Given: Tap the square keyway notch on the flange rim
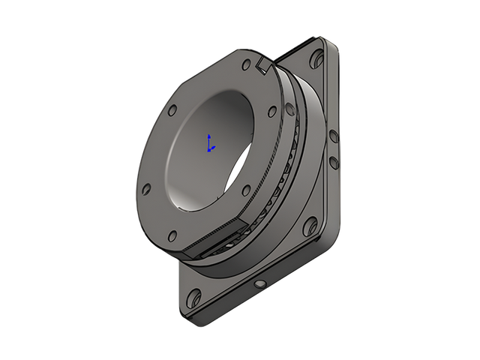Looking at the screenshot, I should coord(263,67).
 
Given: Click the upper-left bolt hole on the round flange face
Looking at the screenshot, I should coord(172,109).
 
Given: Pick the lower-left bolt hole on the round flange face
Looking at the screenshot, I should coord(146,188).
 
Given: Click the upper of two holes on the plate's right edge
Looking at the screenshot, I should coord(331,135).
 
